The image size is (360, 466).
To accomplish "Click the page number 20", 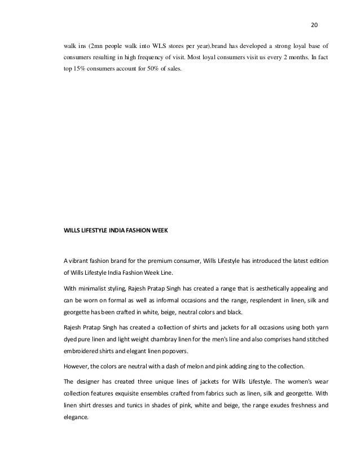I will click(x=315, y=25).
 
